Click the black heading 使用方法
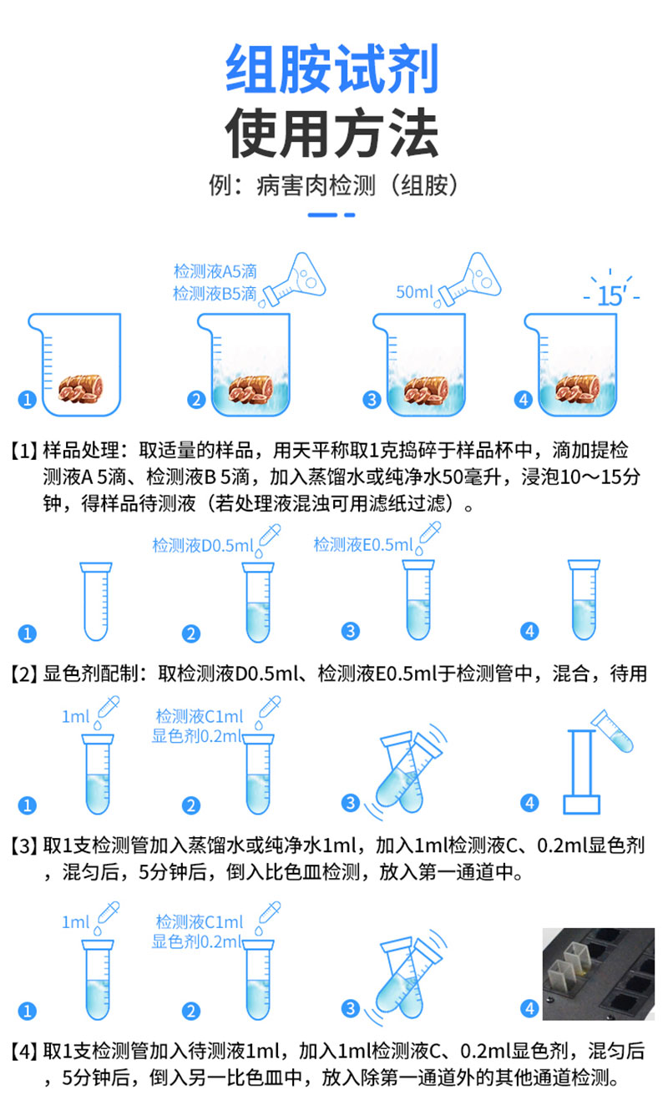tap(331, 133)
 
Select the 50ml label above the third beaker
tap(415, 292)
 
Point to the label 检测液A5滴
tap(215, 271)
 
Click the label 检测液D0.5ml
tap(203, 546)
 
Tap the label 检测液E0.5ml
tap(363, 545)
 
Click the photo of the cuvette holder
tap(599, 974)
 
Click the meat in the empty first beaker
tap(80, 389)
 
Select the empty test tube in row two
tap(96, 601)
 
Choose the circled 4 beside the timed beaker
tap(524, 400)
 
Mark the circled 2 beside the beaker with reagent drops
tap(196, 400)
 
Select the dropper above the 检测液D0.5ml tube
tap(268, 537)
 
